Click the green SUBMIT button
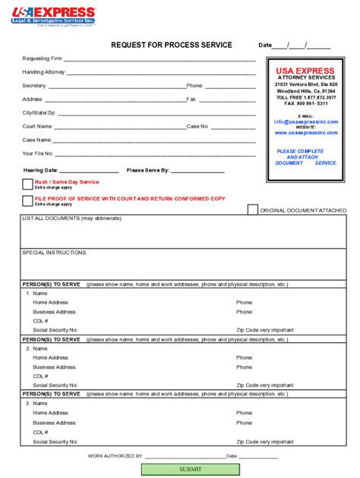[x=191, y=469]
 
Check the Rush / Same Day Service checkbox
[x=27, y=184]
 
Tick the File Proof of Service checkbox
[x=27, y=200]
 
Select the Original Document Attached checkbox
[x=253, y=210]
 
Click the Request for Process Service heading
[x=172, y=46]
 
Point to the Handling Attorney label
[x=44, y=72]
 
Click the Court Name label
[x=37, y=126]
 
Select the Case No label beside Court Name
[x=197, y=126]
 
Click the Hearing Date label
[x=40, y=170]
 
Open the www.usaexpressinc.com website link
[x=306, y=132]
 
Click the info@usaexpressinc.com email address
[x=306, y=121]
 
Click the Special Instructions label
[x=54, y=253]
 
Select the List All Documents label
[x=71, y=219]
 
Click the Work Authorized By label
[x=115, y=456]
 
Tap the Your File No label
[x=38, y=153]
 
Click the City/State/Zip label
[x=39, y=112]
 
